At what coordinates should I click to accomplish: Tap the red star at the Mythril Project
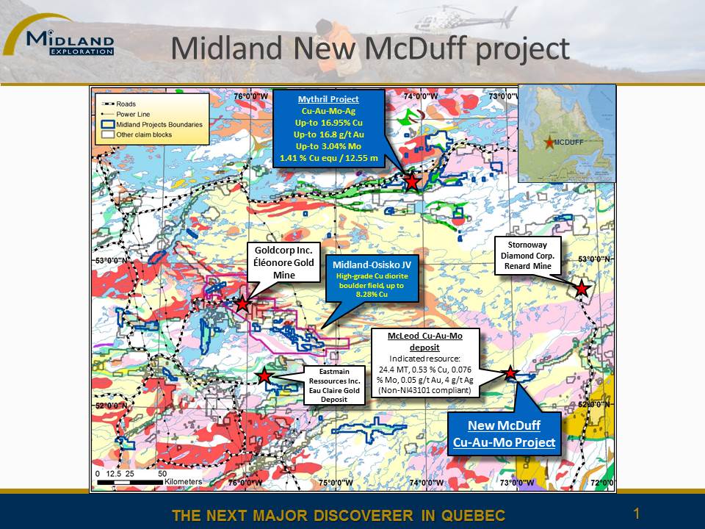tap(411, 181)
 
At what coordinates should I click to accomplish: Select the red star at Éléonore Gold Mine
tap(242, 304)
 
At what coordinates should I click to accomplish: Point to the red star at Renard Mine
tap(582, 288)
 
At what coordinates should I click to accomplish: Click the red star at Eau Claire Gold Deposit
tap(264, 375)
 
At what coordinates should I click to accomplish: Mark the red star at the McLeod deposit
tap(510, 373)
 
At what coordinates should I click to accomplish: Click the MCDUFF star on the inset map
tap(549, 143)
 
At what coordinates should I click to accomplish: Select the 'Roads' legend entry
tap(119, 104)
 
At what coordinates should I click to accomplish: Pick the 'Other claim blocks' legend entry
tap(137, 134)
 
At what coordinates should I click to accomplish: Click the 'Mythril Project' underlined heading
tap(329, 99)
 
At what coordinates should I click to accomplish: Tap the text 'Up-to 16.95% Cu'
tap(329, 123)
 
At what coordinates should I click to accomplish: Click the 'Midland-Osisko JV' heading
tap(372, 265)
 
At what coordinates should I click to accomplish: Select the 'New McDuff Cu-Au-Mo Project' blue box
tap(504, 433)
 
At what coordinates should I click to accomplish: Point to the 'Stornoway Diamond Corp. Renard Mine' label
tap(527, 256)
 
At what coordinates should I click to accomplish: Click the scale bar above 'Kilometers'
tap(130, 482)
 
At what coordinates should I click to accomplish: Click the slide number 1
tap(636, 514)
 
